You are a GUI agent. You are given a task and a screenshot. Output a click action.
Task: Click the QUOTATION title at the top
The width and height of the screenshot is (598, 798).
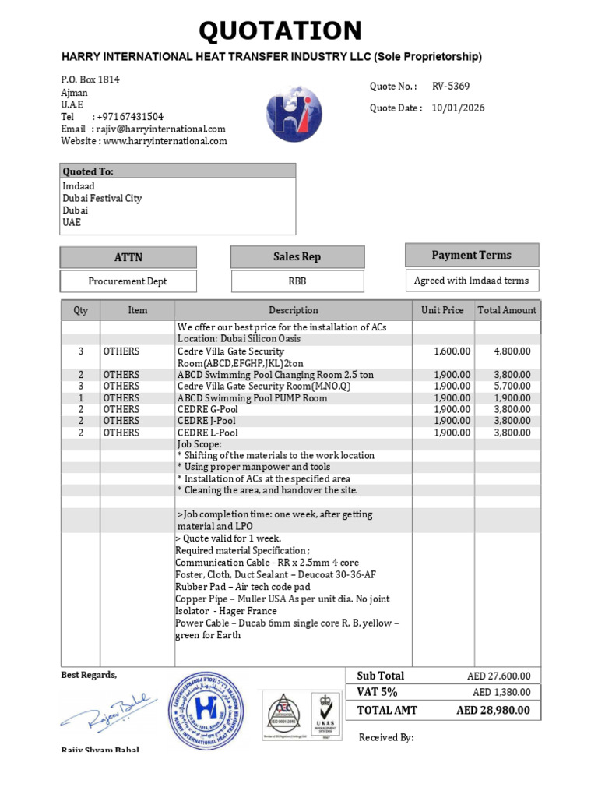(280, 31)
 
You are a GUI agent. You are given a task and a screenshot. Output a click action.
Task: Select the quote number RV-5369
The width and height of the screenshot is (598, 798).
(451, 87)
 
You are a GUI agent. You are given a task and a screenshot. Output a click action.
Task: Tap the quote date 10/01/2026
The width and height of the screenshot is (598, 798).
(458, 108)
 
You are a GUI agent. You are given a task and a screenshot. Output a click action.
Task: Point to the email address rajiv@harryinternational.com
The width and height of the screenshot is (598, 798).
(159, 129)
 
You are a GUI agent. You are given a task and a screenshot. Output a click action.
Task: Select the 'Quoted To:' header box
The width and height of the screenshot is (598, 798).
(178, 171)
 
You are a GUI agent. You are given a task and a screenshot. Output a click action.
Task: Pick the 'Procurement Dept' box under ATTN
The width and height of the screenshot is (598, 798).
(128, 281)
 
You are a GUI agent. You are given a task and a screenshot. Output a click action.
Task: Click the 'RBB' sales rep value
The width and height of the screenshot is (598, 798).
(297, 281)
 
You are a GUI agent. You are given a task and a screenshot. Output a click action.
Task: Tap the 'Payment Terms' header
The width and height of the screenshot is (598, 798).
(471, 255)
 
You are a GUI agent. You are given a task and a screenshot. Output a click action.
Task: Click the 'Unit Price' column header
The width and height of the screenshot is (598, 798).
(442, 310)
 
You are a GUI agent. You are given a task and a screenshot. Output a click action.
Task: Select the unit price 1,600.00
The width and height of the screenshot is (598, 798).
(452, 351)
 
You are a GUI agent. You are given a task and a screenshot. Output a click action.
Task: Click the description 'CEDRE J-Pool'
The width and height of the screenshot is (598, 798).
(207, 421)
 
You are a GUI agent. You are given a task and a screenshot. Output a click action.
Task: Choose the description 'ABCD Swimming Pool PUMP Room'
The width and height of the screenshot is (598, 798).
(252, 398)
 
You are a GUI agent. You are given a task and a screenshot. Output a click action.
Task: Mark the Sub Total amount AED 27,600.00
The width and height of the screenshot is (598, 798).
(493, 676)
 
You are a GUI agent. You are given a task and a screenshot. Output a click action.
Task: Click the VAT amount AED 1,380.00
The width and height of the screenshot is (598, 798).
(501, 692)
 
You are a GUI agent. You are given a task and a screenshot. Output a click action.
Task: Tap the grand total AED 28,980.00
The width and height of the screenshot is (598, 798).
(493, 710)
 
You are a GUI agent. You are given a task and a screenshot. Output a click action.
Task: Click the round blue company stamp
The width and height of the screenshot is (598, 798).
(206, 710)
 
